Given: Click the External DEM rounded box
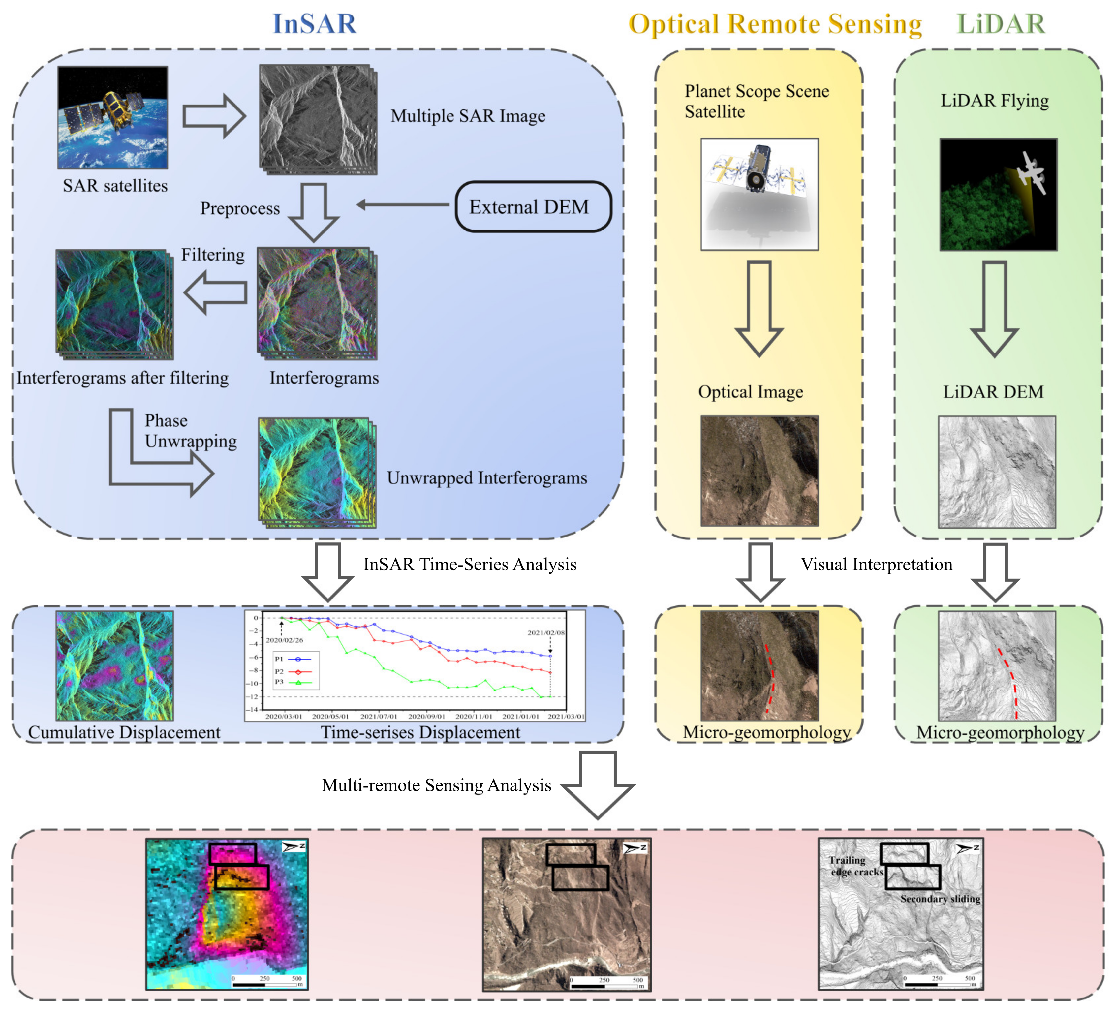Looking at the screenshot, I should click(x=533, y=206).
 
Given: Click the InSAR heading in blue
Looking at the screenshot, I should click(x=314, y=24).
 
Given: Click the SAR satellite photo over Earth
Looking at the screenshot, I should click(x=112, y=117).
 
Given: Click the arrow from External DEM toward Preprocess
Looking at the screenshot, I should click(x=403, y=205).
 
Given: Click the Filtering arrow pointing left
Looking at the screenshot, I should click(x=215, y=292).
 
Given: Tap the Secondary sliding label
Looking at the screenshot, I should click(x=940, y=899).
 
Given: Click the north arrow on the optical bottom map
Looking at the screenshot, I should click(x=635, y=848).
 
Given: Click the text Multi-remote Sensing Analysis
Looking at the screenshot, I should click(x=436, y=785).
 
